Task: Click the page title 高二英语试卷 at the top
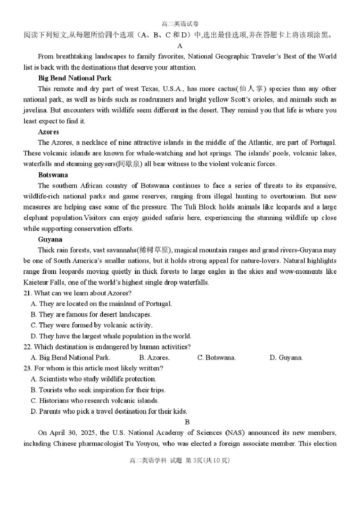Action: pos(180,24)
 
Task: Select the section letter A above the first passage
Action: pos(180,45)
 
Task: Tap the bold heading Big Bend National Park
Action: pos(75,78)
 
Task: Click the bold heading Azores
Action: pos(49,132)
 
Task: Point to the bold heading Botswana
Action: pos(53,175)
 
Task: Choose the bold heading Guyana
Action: pos(50,239)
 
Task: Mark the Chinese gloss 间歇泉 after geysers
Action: pos(129,164)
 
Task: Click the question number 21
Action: pos(27,293)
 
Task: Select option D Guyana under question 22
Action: pos(286,358)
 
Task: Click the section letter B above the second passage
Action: pos(187,422)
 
